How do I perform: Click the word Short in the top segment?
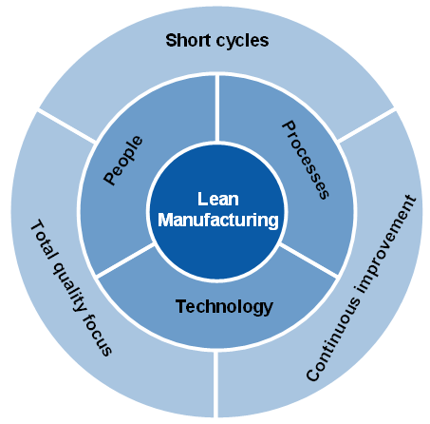(x=187, y=40)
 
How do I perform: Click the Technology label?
(x=224, y=306)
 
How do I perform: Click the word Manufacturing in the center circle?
(x=218, y=220)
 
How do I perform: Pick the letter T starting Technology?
(x=180, y=306)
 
